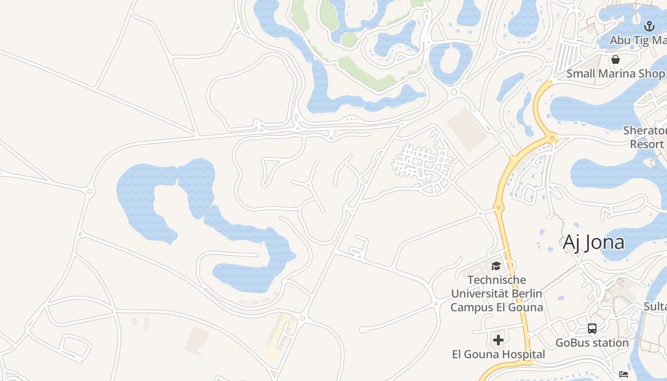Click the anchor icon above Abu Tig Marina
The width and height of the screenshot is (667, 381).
coord(649,26)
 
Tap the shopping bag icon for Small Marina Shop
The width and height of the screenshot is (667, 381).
coord(616,60)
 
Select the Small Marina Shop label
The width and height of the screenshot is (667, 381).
coord(616,74)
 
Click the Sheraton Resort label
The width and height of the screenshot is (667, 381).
coord(646,137)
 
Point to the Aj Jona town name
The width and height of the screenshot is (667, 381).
coord(594,242)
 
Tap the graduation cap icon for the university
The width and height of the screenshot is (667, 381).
coord(496,266)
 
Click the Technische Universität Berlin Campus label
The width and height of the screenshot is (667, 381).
coord(496,293)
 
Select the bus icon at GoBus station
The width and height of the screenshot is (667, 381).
coord(592,329)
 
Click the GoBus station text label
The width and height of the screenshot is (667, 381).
coord(592,342)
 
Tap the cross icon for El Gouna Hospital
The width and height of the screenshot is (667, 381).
coord(498,340)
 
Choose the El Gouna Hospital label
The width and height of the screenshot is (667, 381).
coord(498,354)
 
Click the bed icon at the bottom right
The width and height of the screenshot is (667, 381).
coord(623,374)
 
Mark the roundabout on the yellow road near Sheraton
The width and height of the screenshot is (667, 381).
coord(553,139)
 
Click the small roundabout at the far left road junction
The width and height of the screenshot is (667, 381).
coord(90,191)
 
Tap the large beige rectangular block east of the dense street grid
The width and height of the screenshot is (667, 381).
coord(467,130)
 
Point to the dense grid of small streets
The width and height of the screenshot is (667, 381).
coord(419,162)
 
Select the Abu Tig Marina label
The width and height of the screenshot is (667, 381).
coord(638,40)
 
